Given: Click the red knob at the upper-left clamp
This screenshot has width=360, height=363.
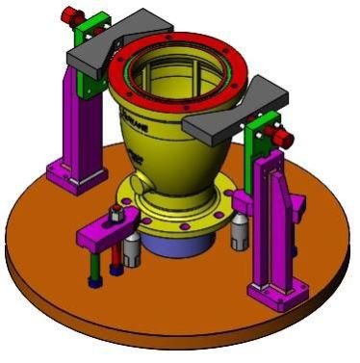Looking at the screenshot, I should coord(69,15).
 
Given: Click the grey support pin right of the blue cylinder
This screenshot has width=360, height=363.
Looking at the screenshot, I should coord(237,231).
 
